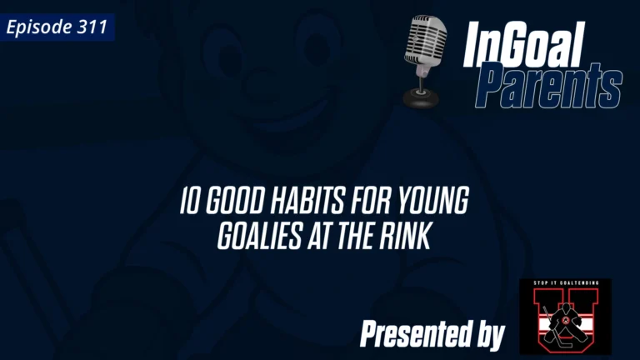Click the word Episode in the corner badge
pyautogui.click(x=37, y=27)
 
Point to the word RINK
pyautogui.click(x=403, y=236)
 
